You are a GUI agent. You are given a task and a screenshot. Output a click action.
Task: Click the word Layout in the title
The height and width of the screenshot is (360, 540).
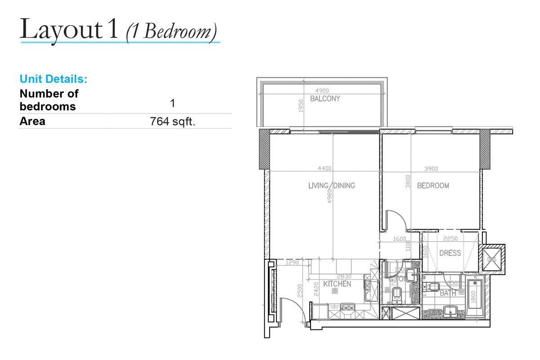tap(61, 30)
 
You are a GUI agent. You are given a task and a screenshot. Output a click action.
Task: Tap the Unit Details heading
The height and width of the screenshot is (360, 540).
tap(53, 79)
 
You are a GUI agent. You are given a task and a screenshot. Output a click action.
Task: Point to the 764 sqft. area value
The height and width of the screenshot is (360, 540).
tap(172, 121)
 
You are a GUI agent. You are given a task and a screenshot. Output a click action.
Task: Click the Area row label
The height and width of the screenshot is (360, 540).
tap(32, 121)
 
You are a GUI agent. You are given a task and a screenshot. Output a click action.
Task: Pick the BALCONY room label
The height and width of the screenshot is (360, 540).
tap(325, 99)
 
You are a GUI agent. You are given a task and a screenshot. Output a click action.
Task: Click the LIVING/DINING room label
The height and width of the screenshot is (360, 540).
tap(331, 185)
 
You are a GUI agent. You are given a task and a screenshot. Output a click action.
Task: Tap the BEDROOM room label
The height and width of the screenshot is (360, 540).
tap(433, 185)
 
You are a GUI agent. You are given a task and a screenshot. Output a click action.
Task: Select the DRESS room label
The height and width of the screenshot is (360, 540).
tap(450, 253)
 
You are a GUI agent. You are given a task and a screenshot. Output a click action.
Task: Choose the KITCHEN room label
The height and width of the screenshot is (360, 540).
tap(337, 284)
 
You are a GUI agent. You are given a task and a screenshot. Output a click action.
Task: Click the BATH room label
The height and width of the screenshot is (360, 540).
tap(448, 293)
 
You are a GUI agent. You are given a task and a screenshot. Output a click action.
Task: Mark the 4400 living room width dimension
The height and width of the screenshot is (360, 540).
tap(324, 169)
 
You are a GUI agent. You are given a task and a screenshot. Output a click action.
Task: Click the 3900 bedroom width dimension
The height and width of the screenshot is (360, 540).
tap(431, 169)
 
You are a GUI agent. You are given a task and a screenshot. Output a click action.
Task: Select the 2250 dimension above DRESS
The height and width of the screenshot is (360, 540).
tap(450, 239)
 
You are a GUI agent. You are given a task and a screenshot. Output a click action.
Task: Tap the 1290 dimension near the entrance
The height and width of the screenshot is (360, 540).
tap(292, 262)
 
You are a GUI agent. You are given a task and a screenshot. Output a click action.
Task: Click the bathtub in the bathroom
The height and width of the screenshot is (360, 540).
tap(475, 297)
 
